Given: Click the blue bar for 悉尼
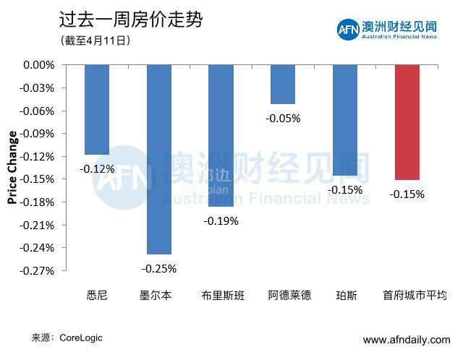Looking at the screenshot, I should (97, 109).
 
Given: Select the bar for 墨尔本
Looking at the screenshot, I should (159, 159).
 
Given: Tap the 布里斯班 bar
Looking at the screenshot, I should (221, 135).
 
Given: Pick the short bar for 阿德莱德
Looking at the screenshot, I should (283, 84).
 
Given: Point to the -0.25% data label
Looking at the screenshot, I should (159, 268).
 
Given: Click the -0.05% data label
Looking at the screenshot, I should (283, 118).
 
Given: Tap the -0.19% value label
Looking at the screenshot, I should (221, 220).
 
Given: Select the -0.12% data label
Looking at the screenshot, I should (98, 168).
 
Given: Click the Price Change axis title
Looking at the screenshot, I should (12, 168).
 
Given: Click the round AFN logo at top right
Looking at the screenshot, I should (347, 30).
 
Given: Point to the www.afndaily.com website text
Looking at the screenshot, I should (406, 340).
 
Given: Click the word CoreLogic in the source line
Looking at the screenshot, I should (81, 338).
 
